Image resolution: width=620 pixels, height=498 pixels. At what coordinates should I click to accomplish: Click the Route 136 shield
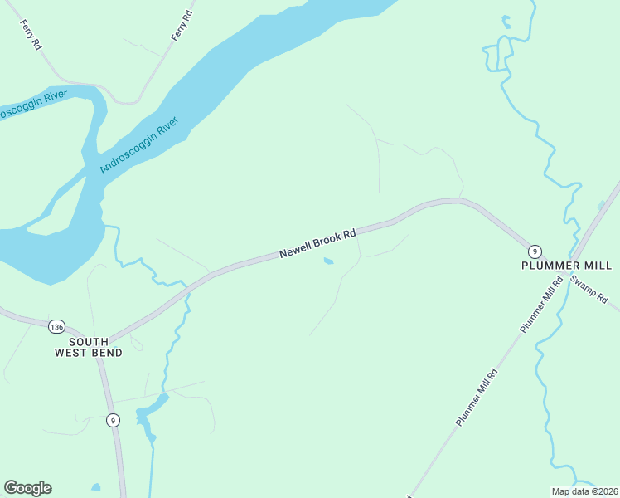click(x=56, y=325)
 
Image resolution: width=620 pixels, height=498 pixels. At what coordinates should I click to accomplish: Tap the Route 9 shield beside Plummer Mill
click(x=535, y=251)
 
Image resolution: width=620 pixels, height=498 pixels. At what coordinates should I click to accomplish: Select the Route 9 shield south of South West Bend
click(x=113, y=421)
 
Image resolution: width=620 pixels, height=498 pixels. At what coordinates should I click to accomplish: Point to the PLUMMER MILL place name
click(x=566, y=266)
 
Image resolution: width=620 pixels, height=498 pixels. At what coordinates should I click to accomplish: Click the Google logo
click(x=27, y=488)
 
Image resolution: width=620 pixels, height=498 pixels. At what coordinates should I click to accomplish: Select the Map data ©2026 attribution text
click(x=585, y=491)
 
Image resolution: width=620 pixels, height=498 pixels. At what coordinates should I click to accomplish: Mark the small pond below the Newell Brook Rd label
click(x=328, y=262)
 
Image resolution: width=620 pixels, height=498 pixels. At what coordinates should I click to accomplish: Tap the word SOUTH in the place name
click(x=89, y=341)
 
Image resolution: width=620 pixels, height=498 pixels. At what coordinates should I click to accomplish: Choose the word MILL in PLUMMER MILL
click(x=598, y=266)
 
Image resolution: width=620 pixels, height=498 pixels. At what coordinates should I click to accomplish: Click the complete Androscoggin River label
click(x=138, y=146)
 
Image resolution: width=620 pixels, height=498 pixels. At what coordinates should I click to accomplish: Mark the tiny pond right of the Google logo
click(x=96, y=487)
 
